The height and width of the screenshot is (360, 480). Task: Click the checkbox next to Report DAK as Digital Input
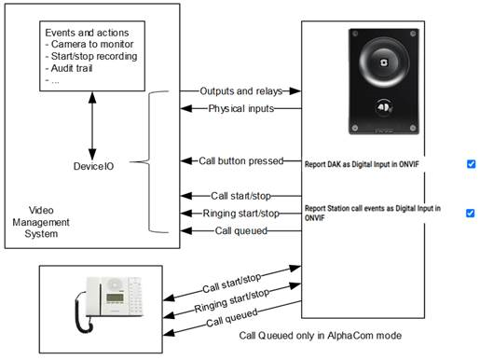click(x=471, y=163)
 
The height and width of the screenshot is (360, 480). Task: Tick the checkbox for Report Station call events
click(x=471, y=213)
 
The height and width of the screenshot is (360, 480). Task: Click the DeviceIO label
click(x=93, y=166)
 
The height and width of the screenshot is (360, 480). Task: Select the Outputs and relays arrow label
click(x=241, y=91)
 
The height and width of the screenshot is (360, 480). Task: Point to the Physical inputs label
click(x=241, y=108)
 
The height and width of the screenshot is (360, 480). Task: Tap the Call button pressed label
click(x=241, y=160)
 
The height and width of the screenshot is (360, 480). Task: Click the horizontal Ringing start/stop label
click(x=241, y=214)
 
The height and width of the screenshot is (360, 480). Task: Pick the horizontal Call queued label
click(x=241, y=230)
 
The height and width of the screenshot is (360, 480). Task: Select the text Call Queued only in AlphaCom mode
click(x=321, y=336)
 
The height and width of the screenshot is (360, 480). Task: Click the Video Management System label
click(x=41, y=222)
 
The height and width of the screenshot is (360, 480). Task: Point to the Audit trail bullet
click(x=69, y=68)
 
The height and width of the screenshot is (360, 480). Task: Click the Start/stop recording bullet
click(x=91, y=56)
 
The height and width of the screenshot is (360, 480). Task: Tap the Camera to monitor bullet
click(x=89, y=44)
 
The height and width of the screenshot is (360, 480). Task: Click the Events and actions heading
click(x=87, y=33)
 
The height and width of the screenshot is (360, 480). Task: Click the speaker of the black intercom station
click(x=384, y=62)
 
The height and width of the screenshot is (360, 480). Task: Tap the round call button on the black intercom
click(x=384, y=108)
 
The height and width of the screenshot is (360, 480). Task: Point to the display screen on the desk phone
click(x=115, y=298)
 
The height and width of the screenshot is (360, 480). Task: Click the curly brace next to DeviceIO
click(x=149, y=161)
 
